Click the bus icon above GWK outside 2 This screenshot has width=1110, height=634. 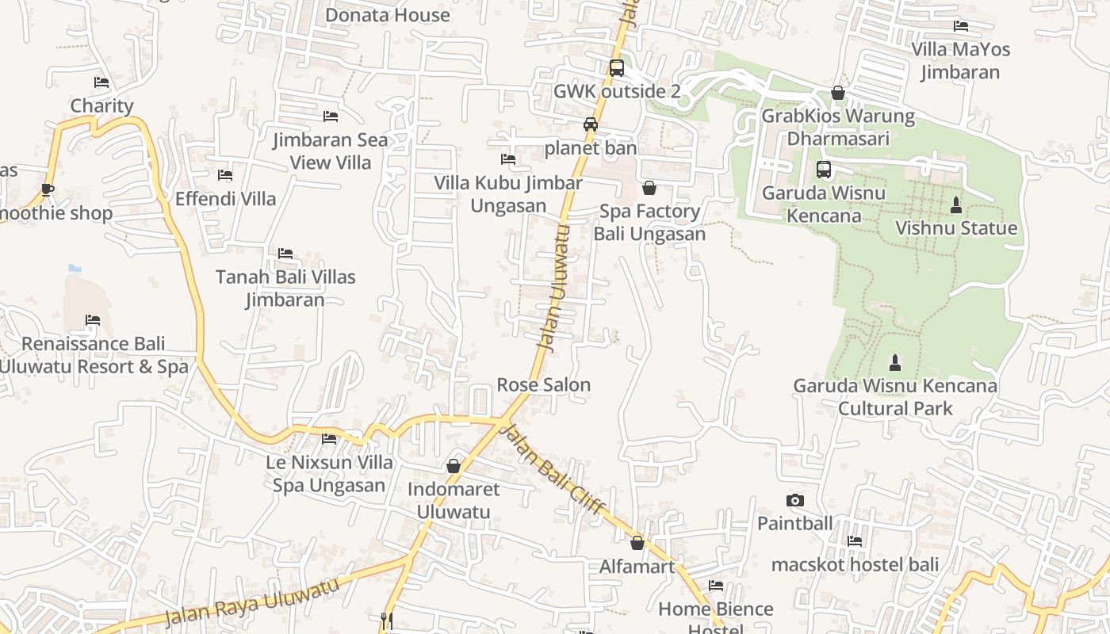[617, 68]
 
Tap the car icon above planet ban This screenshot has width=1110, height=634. [591, 124]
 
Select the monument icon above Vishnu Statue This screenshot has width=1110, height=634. [956, 205]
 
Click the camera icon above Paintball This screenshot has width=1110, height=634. [795, 500]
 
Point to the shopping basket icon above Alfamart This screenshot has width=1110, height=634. [637, 543]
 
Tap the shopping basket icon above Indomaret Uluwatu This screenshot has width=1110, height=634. [454, 466]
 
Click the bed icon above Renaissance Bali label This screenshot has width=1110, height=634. [93, 320]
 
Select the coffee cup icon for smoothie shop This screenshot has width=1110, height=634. [48, 189]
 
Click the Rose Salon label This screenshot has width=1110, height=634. [543, 385]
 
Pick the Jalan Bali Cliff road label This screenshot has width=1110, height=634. [553, 470]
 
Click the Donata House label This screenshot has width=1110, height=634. [388, 15]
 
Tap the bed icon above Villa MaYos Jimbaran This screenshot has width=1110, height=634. [961, 26]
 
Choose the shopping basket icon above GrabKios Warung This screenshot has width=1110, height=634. [838, 94]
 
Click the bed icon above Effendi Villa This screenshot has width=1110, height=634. [225, 175]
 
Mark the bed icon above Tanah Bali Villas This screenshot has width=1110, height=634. [285, 254]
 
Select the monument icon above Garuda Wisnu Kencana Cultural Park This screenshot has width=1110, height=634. [895, 363]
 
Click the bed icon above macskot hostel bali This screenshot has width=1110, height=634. [855, 541]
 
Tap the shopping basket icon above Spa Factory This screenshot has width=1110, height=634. [649, 188]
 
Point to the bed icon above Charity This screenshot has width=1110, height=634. [101, 82]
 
